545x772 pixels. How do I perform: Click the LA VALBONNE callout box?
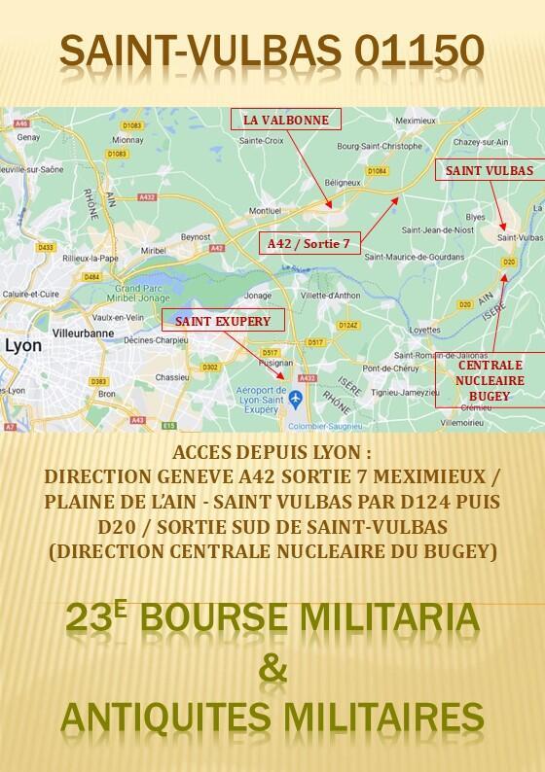285,121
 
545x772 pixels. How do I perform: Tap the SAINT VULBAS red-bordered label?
489,169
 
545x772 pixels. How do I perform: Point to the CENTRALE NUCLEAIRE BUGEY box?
484,380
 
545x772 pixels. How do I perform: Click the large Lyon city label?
23,344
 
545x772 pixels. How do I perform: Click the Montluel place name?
265,209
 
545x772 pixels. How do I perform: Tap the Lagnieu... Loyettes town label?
413,329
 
